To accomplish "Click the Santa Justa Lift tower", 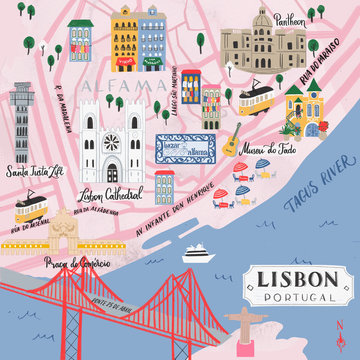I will point(22,120).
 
